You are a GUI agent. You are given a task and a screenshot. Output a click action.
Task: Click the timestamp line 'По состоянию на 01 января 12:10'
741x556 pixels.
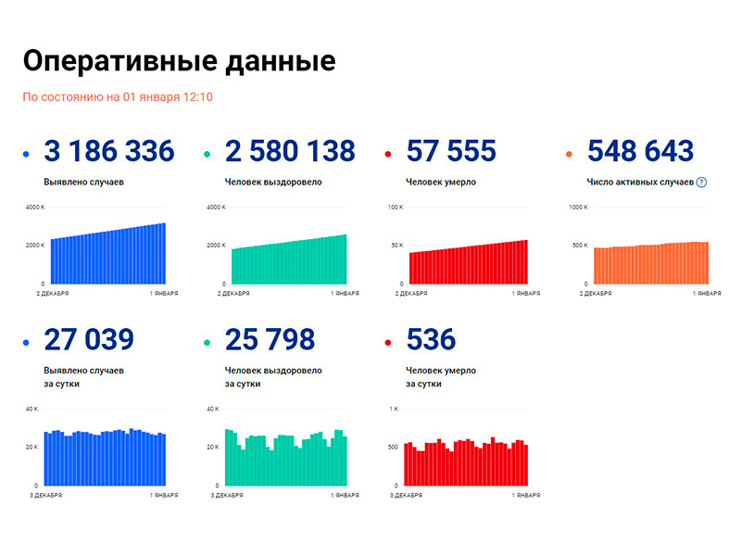coord(118,96)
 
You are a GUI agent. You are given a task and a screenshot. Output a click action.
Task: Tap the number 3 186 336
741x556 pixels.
coord(109,151)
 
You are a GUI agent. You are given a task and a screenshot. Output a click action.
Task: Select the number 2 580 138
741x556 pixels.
coord(290,151)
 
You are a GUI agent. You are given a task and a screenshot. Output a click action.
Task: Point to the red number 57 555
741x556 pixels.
coord(451,151)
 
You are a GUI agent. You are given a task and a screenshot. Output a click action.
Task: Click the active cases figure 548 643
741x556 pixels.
coord(640,151)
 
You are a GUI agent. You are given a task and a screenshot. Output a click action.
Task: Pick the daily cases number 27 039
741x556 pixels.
coord(89,340)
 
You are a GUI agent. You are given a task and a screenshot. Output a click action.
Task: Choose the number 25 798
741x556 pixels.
coord(270,340)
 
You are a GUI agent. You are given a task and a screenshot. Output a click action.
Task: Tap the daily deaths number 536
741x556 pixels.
coord(431,340)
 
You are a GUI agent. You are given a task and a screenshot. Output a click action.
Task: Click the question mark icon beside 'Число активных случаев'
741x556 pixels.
coord(701,183)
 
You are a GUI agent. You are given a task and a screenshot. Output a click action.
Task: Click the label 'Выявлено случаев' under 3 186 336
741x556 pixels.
coord(84,183)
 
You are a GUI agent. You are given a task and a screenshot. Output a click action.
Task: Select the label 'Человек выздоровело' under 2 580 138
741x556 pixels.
coord(273,183)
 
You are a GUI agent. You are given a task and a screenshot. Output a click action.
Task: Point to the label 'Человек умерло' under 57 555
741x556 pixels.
coord(441,183)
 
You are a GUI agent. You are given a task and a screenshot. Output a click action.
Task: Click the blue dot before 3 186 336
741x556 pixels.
coord(27,154)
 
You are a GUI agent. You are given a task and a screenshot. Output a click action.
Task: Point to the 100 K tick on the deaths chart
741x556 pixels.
coord(395,208)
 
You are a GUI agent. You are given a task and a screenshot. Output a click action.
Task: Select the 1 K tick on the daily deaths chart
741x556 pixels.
coord(394,409)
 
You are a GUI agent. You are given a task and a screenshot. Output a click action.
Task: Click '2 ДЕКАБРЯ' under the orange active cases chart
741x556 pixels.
coord(597,293)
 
